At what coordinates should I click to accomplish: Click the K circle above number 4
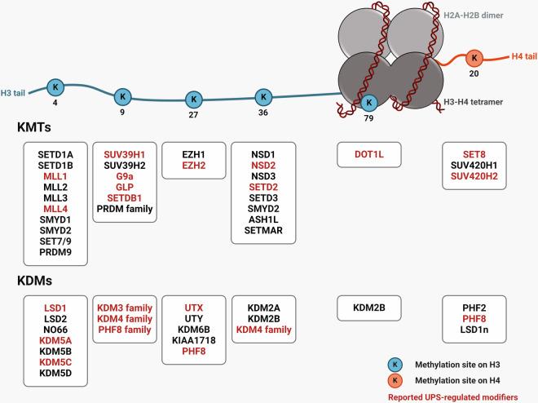(x=55, y=87)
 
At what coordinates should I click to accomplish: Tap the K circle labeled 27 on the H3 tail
(x=194, y=100)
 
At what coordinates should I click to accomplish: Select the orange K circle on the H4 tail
(x=473, y=58)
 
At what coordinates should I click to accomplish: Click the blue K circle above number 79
(x=368, y=102)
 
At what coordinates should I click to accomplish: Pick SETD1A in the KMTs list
(x=55, y=153)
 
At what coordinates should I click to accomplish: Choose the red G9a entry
(x=124, y=175)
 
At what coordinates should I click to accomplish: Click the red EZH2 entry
(x=193, y=165)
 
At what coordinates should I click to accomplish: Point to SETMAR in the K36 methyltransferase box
(x=262, y=231)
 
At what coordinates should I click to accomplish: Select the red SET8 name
(x=474, y=153)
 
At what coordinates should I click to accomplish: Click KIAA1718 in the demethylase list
(x=193, y=339)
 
